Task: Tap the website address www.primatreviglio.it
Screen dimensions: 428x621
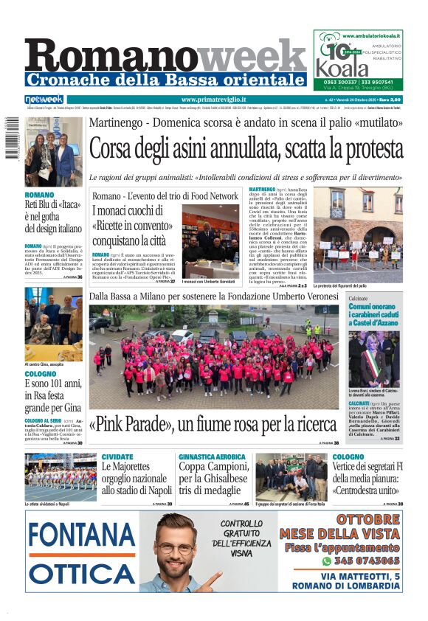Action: (x=213, y=100)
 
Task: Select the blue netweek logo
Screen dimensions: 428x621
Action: (x=44, y=100)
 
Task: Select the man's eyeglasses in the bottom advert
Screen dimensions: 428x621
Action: (x=174, y=548)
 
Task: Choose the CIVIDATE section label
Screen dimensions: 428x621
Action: (x=117, y=457)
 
